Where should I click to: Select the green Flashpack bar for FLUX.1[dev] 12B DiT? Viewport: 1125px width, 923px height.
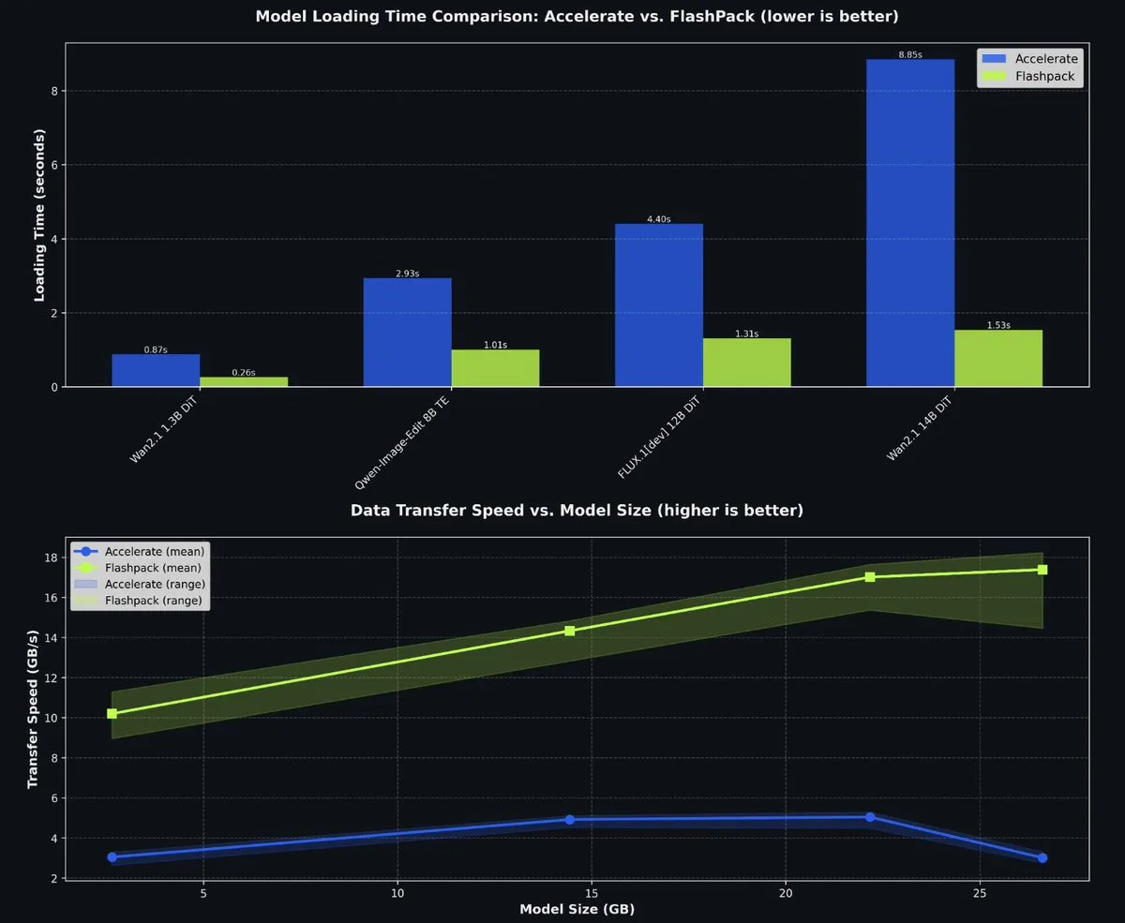(x=746, y=363)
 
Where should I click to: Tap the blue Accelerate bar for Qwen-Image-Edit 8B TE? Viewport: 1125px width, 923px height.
(x=407, y=333)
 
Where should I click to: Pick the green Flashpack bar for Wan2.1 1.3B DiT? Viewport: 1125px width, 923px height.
(x=244, y=381)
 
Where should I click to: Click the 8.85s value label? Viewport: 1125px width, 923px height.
(x=909, y=54)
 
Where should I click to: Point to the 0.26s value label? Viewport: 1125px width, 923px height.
(x=244, y=373)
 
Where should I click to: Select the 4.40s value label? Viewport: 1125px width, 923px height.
(x=658, y=219)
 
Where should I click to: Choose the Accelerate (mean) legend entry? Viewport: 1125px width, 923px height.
(x=141, y=551)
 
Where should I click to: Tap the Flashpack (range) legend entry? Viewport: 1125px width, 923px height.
(x=141, y=601)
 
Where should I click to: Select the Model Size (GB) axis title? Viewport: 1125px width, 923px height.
(x=577, y=909)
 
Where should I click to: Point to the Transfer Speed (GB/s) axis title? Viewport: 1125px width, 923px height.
(x=33, y=708)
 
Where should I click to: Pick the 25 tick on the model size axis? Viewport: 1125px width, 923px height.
(x=980, y=893)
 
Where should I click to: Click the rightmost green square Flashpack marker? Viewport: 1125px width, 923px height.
(x=1042, y=570)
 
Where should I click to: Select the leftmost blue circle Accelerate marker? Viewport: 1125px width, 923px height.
(x=112, y=857)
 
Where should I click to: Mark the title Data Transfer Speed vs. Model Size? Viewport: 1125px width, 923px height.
(x=577, y=511)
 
